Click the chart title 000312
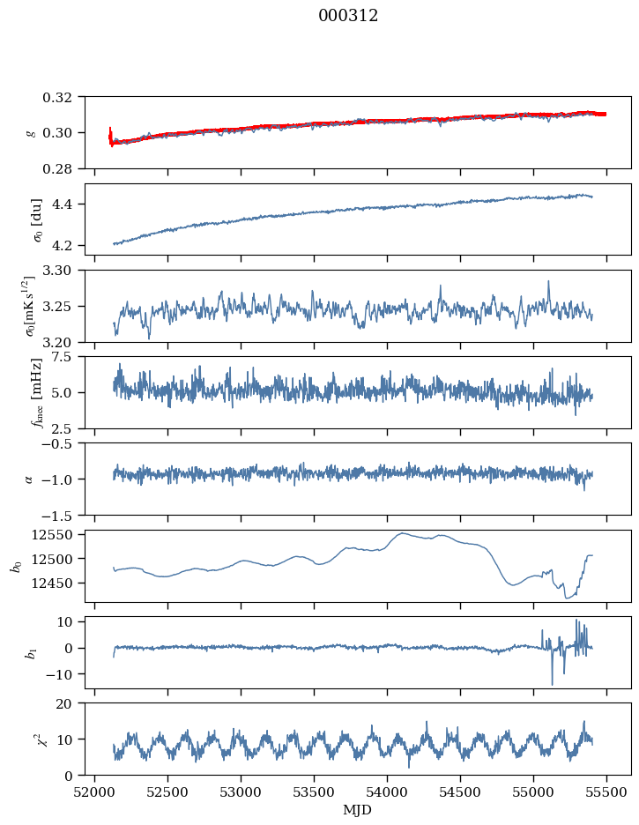348,16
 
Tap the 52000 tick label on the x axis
96,791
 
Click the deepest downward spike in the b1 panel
553,684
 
